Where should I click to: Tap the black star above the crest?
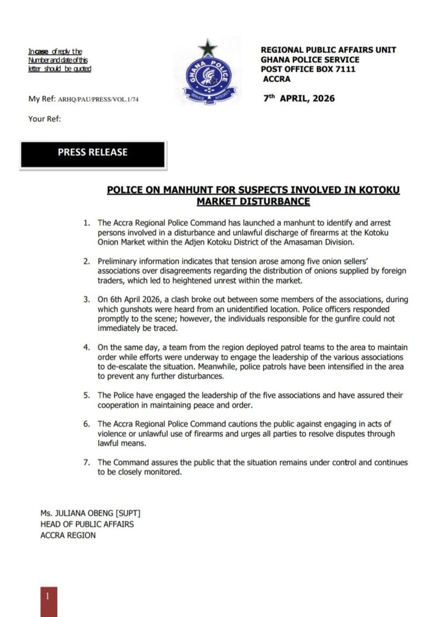208,47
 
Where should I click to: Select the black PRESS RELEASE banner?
92,154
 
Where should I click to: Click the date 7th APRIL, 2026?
299,98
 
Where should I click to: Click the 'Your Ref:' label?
45,119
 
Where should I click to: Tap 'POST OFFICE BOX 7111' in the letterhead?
308,69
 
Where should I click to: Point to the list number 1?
87,224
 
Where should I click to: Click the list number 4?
87,348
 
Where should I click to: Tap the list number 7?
87,463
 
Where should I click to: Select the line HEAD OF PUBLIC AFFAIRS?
87,524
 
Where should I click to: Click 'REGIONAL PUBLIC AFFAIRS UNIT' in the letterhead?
328,50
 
